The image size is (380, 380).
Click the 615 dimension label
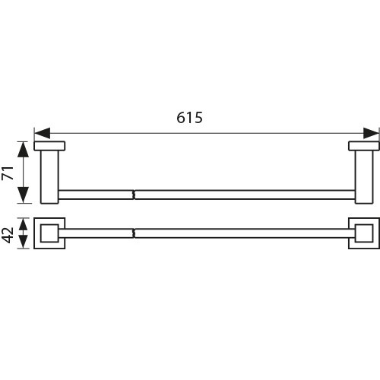189,118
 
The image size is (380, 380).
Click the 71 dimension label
8,173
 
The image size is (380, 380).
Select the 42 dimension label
8,235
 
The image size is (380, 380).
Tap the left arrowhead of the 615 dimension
42,133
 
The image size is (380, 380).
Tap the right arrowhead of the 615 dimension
371,133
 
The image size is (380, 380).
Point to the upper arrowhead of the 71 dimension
24,150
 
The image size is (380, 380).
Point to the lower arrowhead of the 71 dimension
24,195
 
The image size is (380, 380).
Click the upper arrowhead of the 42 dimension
24,224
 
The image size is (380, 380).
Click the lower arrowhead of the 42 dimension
24,242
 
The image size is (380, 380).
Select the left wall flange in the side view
49,146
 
